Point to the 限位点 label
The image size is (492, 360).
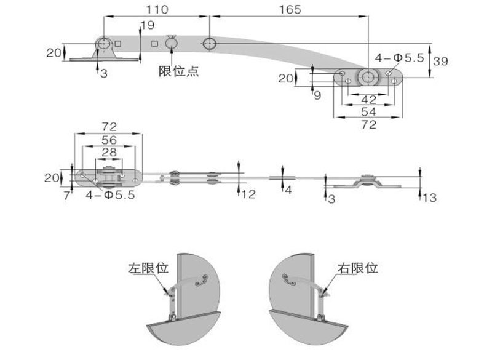[x=178, y=71]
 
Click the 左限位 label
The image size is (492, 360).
[x=148, y=268]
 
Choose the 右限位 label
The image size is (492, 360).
[x=357, y=268]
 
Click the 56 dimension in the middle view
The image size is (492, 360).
[x=108, y=140]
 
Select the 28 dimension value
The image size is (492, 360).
[x=108, y=152]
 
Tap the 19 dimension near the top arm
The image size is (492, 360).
[x=147, y=25]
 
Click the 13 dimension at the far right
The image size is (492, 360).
[x=430, y=197]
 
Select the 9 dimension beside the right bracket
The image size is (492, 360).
[x=317, y=95]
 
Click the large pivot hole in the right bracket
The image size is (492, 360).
[x=368, y=77]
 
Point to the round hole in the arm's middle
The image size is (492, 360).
[x=209, y=44]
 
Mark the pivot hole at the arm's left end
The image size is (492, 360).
[x=103, y=44]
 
